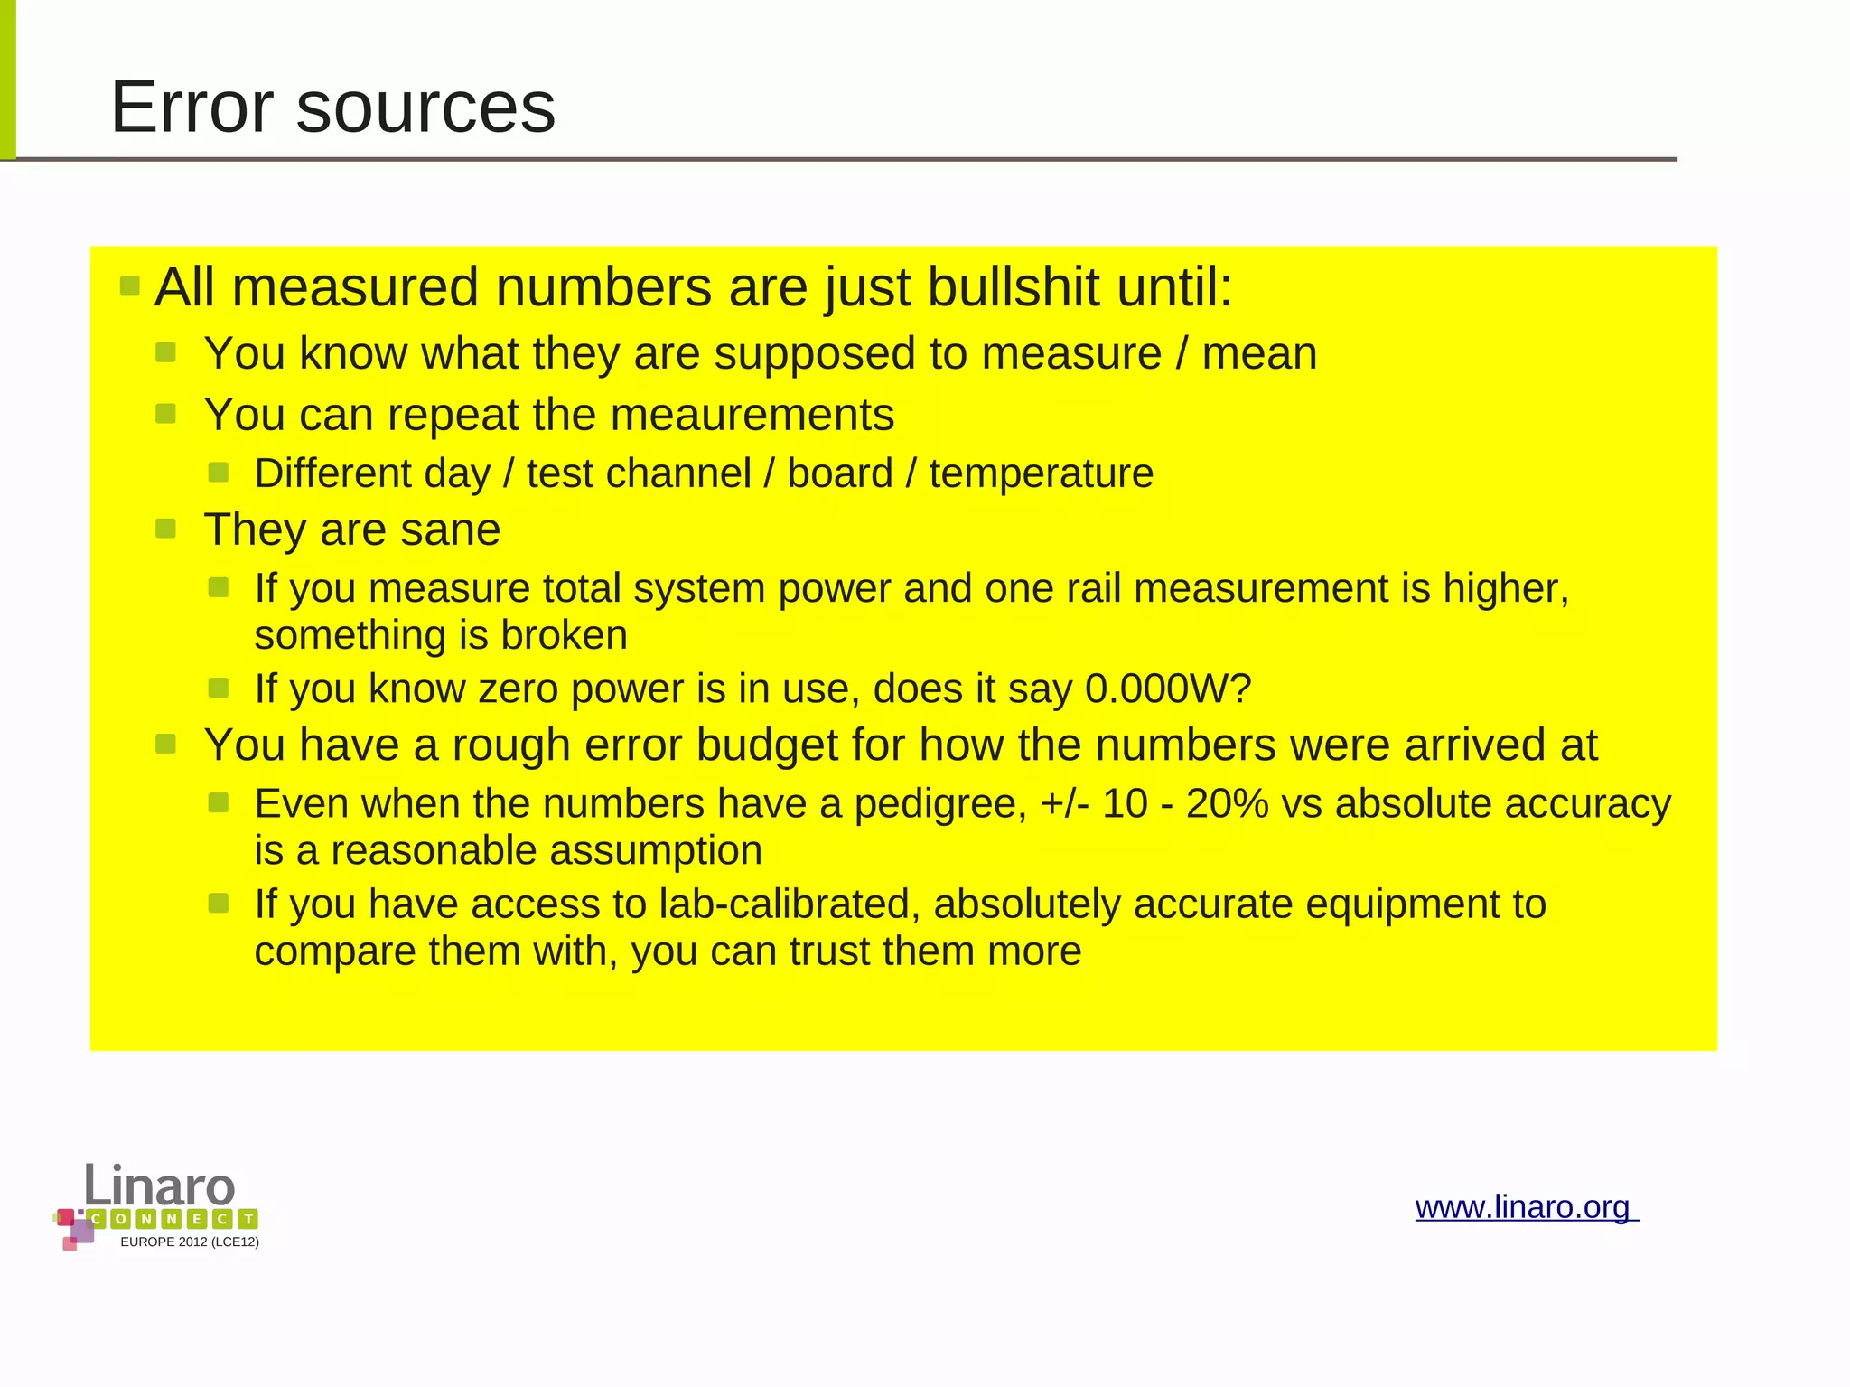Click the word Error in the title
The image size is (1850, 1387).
point(192,108)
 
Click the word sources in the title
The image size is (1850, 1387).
point(425,108)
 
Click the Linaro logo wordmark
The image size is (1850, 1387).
point(160,1186)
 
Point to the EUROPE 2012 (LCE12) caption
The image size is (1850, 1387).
point(190,1242)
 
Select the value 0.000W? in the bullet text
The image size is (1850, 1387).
point(1167,689)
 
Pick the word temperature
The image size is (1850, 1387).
point(1041,473)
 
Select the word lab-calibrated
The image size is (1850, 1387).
point(789,904)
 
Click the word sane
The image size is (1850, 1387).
point(450,530)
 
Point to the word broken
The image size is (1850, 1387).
point(564,635)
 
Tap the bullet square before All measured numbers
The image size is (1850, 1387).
point(130,287)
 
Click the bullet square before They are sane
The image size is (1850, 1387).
point(165,529)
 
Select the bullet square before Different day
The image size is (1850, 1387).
point(218,473)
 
